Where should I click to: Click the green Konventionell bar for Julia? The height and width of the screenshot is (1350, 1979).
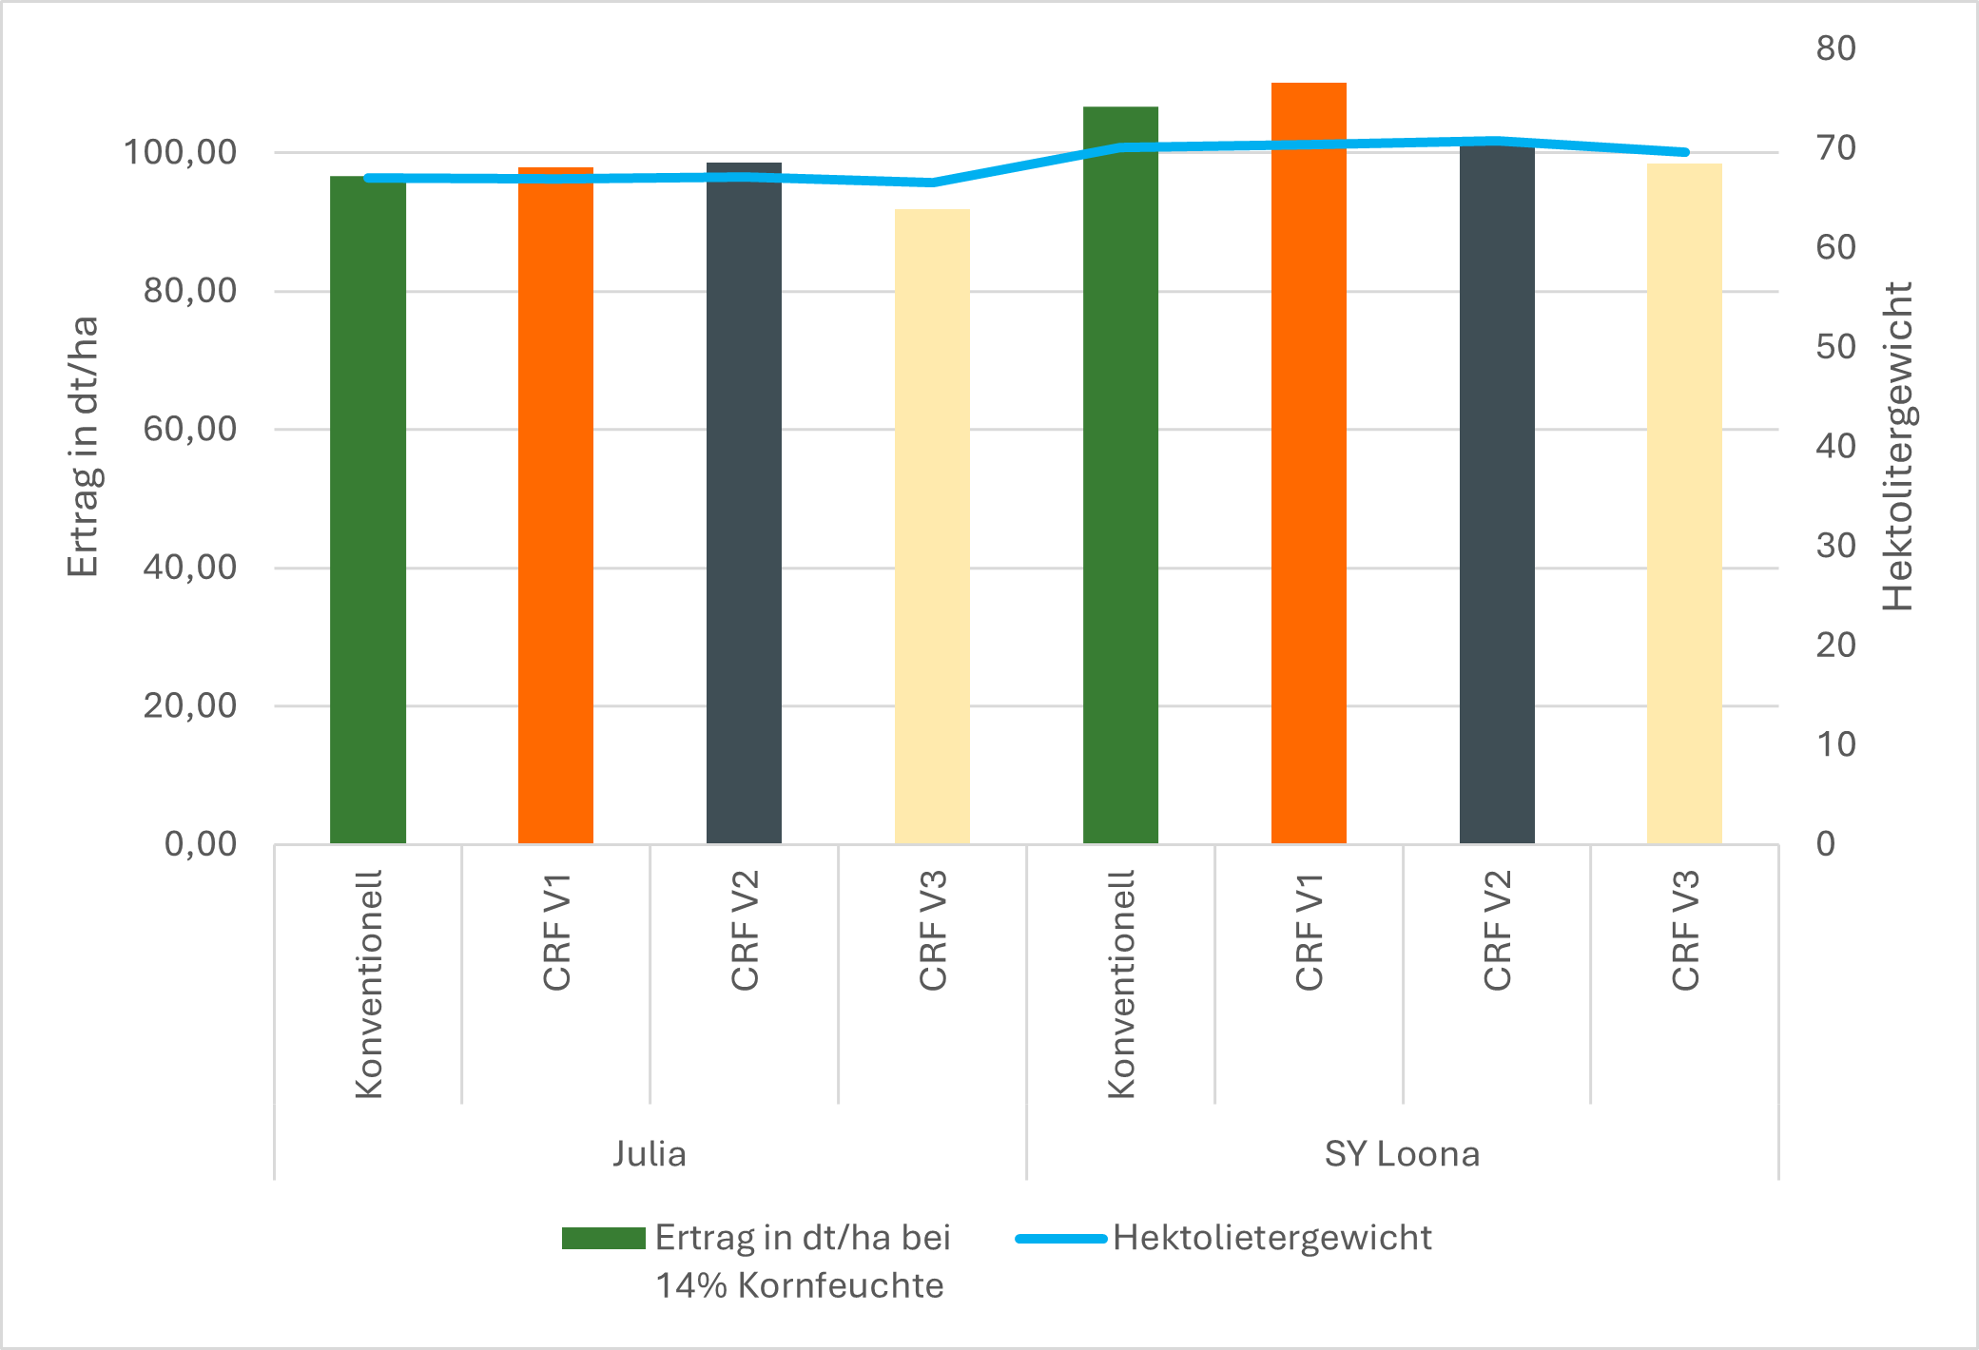[368, 513]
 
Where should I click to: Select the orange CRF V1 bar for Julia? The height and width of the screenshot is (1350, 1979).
[555, 513]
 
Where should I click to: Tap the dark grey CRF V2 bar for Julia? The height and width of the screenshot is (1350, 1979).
[744, 513]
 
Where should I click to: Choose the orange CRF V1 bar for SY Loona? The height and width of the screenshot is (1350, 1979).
[1309, 475]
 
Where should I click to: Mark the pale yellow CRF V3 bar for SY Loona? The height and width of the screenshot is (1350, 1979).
[1684, 504]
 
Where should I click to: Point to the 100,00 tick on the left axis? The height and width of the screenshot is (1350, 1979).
[181, 152]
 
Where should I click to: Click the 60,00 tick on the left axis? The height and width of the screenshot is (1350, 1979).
[190, 429]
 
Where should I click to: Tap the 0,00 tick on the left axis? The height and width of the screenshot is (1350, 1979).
[201, 843]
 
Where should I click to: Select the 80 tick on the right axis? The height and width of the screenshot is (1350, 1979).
[1835, 48]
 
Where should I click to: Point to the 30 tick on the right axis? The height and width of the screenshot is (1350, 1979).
[1835, 546]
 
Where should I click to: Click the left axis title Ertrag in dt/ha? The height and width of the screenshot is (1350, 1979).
[84, 447]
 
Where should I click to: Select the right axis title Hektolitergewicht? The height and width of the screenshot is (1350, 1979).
[1898, 447]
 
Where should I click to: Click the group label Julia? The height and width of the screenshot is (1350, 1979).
[650, 1154]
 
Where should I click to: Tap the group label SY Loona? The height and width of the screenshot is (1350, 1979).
[1402, 1154]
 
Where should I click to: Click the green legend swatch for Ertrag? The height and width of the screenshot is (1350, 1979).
[603, 1238]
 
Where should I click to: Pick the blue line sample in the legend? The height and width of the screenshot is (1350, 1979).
[1060, 1239]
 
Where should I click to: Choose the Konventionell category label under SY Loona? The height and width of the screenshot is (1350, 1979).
[1121, 985]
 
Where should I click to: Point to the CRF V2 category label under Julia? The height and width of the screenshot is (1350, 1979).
[745, 931]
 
